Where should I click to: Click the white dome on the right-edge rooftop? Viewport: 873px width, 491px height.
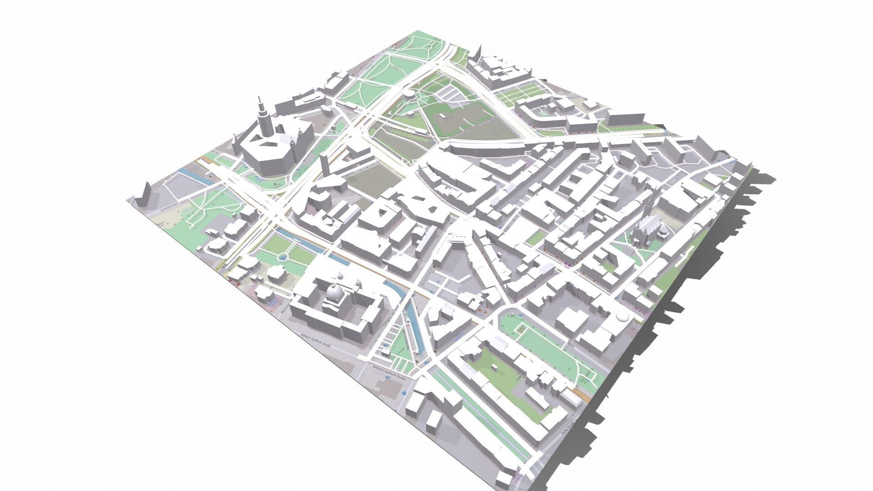(x=621, y=316)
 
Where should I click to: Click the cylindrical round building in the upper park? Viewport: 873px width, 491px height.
(x=408, y=95)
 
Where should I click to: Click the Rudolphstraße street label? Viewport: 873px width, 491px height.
(x=169, y=209)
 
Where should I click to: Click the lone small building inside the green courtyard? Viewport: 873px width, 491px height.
(x=494, y=366)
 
